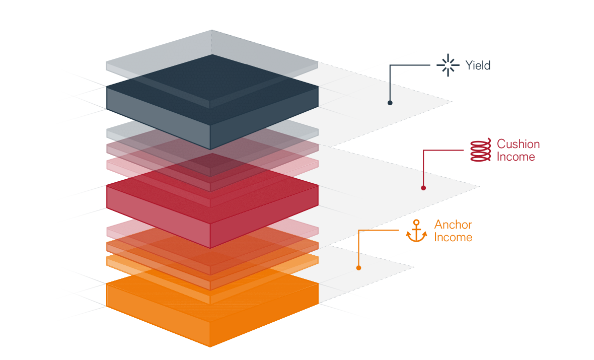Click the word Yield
point(478,65)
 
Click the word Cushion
point(517,144)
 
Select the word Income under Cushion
point(516,157)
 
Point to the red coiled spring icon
point(480,151)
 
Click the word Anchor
point(453,225)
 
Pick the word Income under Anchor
point(453,237)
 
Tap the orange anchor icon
point(416,231)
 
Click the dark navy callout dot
point(390,103)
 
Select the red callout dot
point(423,188)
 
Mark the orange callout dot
point(358,268)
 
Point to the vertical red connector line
point(423,169)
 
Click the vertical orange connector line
point(358,249)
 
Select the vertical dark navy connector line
point(390,83)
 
